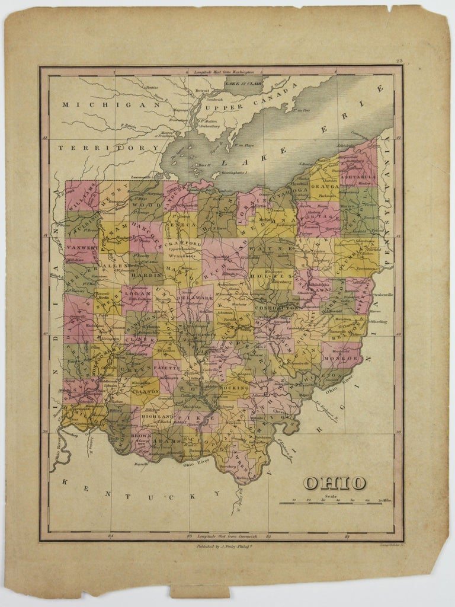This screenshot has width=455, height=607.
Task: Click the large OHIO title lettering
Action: point(335,483)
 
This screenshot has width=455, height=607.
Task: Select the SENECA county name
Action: point(181,225)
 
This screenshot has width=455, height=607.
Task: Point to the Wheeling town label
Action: point(379,322)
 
